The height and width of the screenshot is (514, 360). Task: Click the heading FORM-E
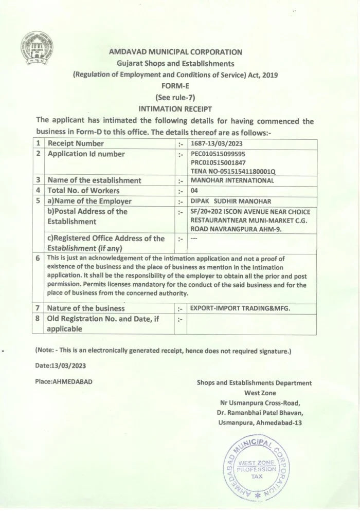tap(175, 86)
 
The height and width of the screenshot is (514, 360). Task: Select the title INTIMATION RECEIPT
tap(175, 108)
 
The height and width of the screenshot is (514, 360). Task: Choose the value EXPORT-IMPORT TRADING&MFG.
tap(240, 308)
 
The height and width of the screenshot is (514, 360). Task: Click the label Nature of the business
tap(86, 308)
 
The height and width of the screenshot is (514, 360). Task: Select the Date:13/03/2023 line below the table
tap(60, 366)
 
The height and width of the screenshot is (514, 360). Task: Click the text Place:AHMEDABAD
tap(64, 382)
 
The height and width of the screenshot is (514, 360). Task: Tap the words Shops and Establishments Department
tap(254, 383)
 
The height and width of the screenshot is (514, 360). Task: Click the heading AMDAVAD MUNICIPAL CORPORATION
tap(175, 52)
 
